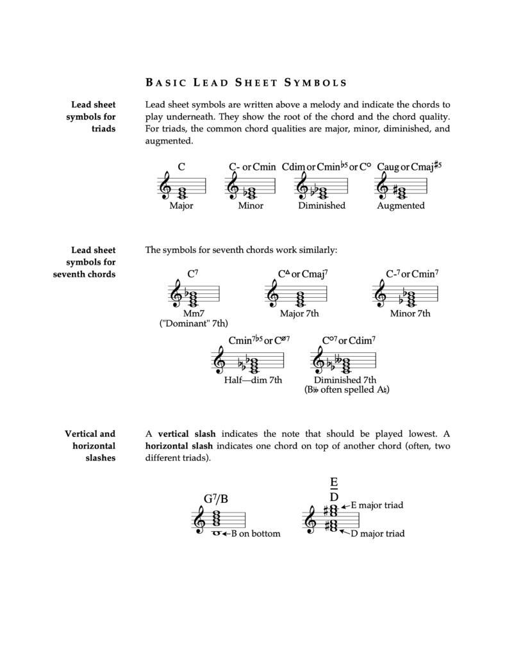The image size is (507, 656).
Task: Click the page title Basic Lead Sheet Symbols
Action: pos(246,82)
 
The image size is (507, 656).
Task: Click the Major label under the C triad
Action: pos(181,206)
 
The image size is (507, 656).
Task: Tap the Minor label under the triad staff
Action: pos(251,206)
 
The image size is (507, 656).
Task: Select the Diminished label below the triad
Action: pos(321,206)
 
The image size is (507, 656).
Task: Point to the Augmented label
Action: pos(401,206)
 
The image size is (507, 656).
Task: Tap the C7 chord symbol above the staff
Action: pos(192,274)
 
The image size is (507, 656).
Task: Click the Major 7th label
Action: pos(299,314)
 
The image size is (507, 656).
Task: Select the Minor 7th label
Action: pos(410,314)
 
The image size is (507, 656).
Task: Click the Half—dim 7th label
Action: pos(253,380)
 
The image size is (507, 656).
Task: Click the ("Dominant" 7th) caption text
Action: pos(194,324)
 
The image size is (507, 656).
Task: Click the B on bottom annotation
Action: pos(255,534)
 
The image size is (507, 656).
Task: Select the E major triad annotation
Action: pos(376,505)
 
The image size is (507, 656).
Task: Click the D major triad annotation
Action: pos(377,533)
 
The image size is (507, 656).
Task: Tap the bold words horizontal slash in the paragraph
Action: pos(181,446)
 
